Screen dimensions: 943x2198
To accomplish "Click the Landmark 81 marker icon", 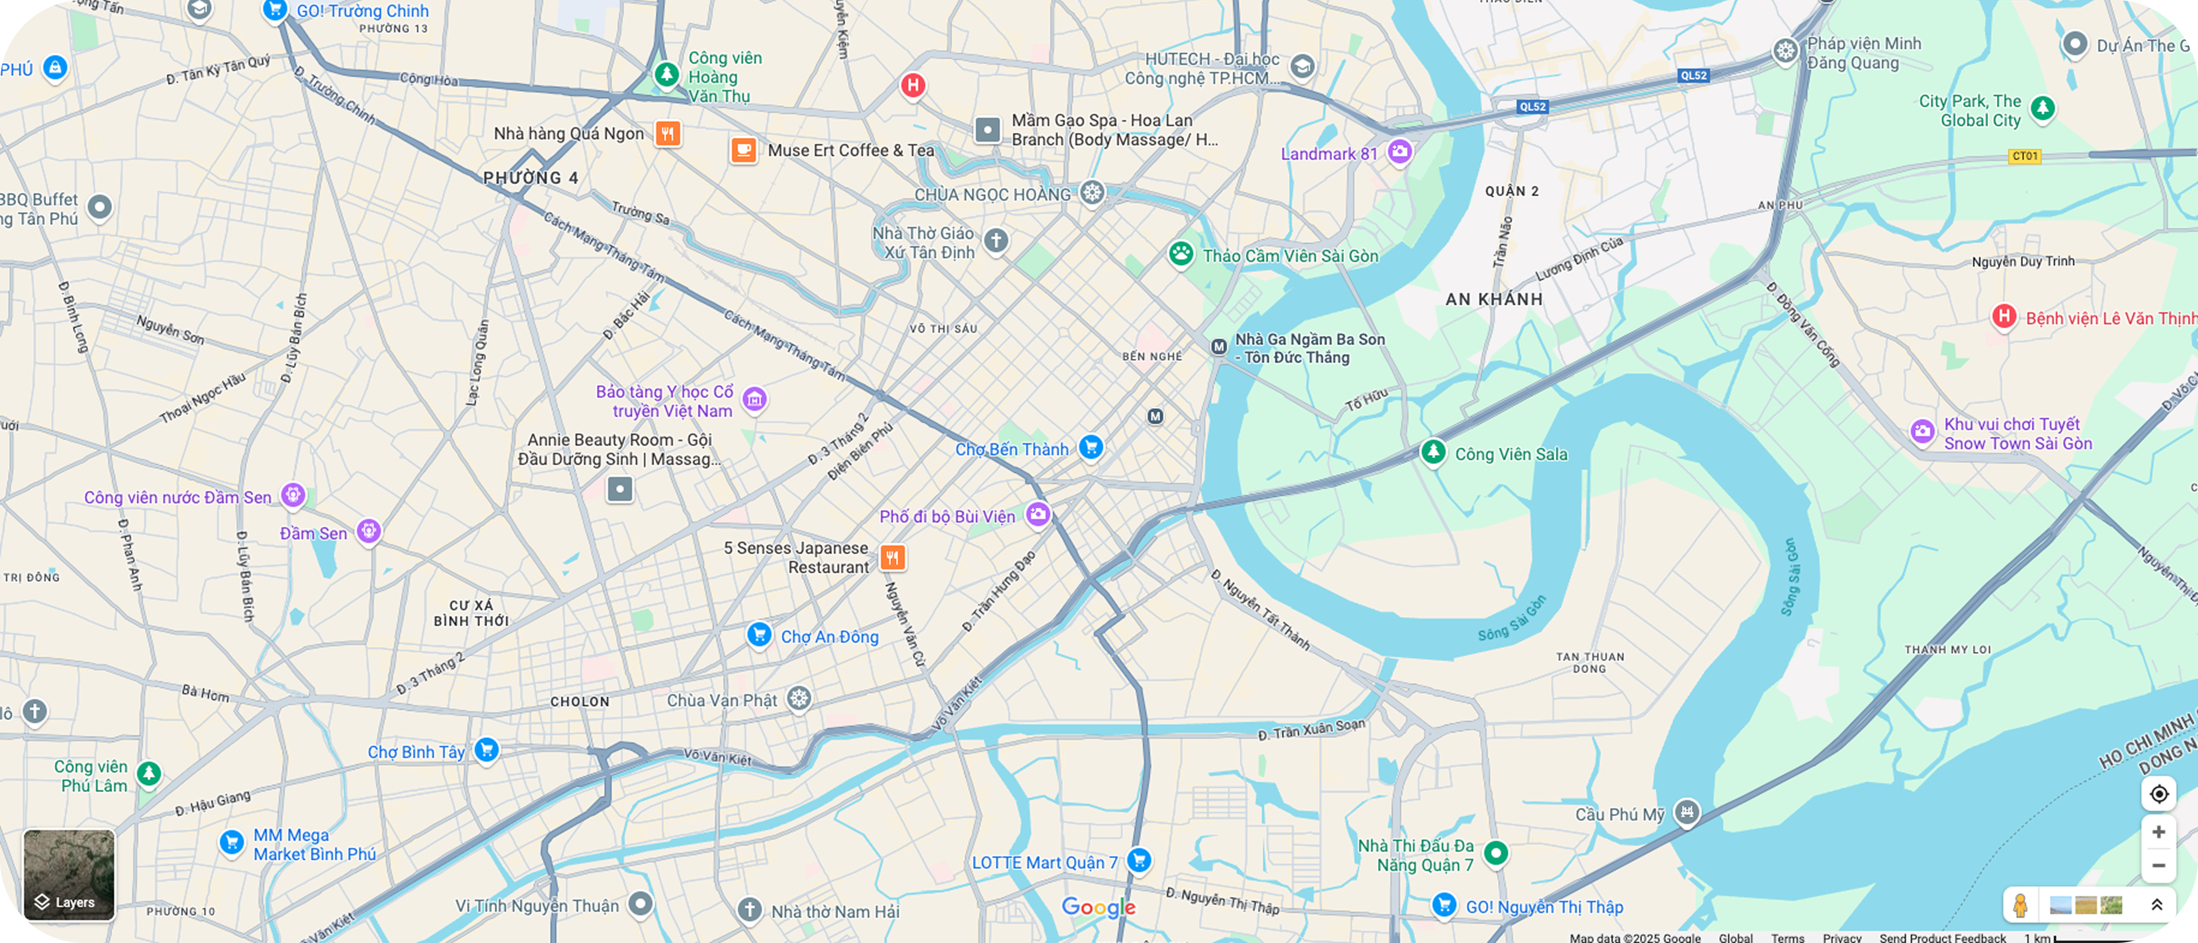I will [1399, 152].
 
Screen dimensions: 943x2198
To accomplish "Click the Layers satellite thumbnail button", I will [69, 875].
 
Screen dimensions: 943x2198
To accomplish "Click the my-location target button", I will [2159, 794].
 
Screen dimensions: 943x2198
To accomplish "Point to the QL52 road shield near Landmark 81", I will [1532, 107].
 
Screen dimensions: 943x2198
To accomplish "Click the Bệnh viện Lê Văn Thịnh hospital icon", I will [2005, 317].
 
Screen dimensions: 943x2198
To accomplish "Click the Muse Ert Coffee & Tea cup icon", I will [743, 150].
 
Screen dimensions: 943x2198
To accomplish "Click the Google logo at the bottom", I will [1098, 907].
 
